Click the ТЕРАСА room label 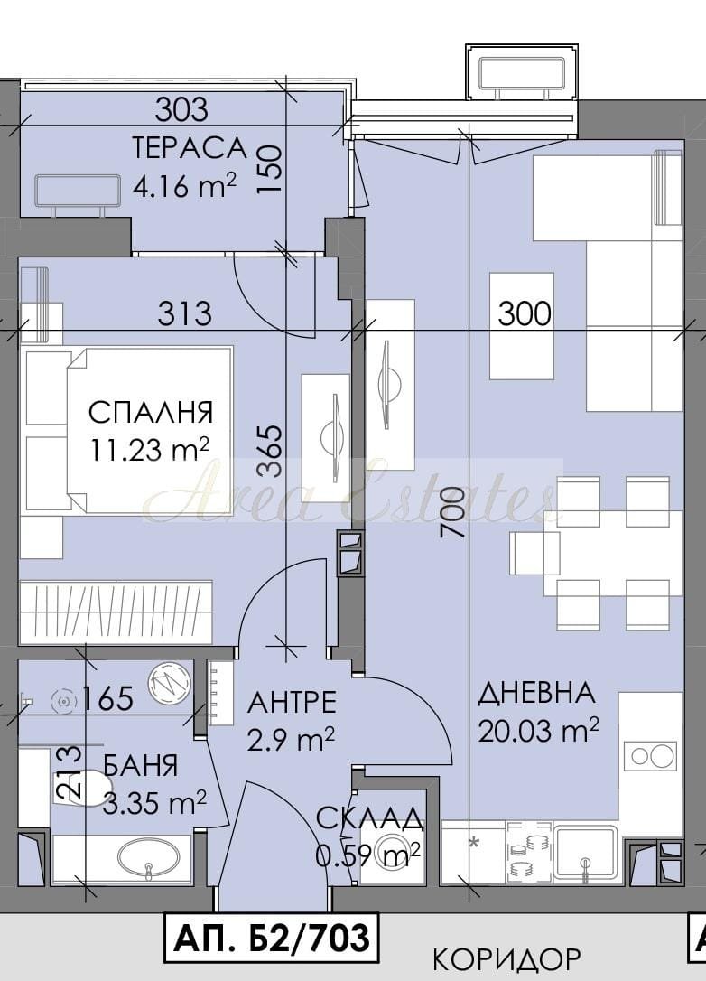click(x=190, y=148)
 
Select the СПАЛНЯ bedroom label click(x=151, y=412)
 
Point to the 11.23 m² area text click(x=150, y=449)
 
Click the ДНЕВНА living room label click(x=536, y=693)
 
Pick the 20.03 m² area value click(x=539, y=730)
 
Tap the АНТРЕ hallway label click(x=292, y=703)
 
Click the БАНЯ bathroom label click(x=140, y=766)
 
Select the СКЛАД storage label click(x=369, y=818)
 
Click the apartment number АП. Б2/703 click(x=272, y=938)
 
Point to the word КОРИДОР click(x=507, y=958)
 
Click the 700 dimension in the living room click(x=452, y=513)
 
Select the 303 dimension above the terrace click(x=181, y=110)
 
